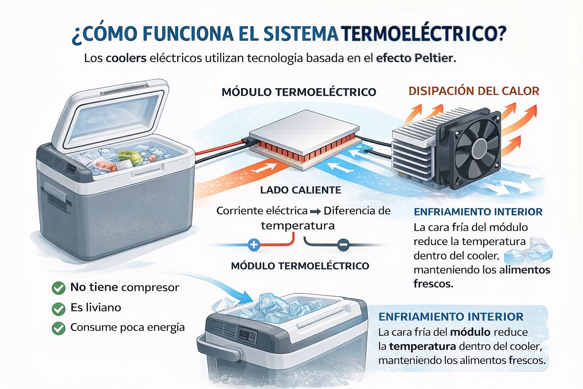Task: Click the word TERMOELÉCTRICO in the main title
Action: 424,33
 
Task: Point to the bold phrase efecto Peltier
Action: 416,58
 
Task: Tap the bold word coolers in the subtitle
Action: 126,58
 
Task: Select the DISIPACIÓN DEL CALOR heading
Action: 474,91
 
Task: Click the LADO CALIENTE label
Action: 301,190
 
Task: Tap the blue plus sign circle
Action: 254,245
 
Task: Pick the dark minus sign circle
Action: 343,245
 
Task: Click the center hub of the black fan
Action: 479,148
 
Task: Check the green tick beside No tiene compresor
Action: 58,288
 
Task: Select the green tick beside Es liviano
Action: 58,308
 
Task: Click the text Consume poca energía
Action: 128,327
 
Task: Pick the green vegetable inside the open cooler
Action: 125,156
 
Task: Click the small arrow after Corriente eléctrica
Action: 315,211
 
